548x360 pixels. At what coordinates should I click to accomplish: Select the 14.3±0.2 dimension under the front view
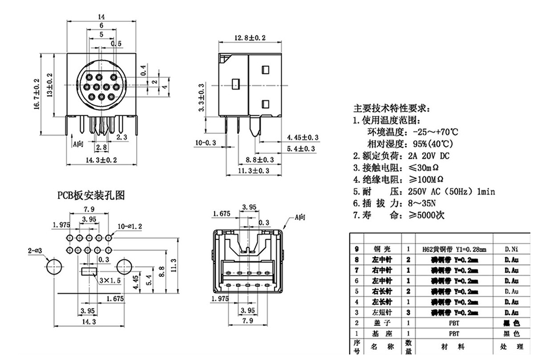[x=101, y=159]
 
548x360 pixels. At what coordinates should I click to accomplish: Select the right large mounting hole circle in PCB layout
[x=125, y=267]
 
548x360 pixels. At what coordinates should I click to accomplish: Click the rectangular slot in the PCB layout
[x=88, y=272]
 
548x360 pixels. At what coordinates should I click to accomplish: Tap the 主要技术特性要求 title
[x=392, y=108]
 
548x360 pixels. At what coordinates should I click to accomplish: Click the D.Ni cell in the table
[x=511, y=250]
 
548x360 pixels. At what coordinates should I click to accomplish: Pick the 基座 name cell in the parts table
[x=381, y=333]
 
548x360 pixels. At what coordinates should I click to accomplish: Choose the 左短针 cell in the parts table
[x=381, y=312]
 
